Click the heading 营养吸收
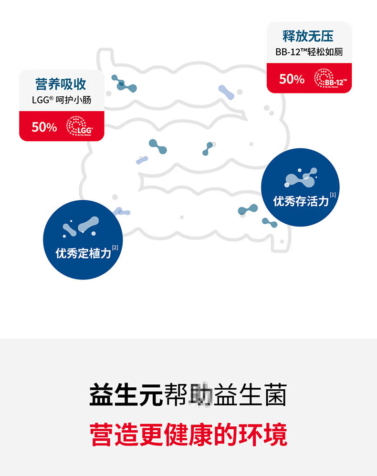coord(61,84)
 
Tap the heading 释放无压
coord(308,36)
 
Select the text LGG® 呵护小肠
coord(61,100)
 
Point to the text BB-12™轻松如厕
coord(309,52)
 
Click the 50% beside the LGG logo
coord(44,127)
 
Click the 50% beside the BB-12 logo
coord(292,79)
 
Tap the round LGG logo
coord(79,127)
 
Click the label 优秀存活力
coord(301,201)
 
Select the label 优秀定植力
coord(83,253)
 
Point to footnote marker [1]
coord(333,195)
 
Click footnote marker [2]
coord(115,247)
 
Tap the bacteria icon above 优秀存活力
coord(301,178)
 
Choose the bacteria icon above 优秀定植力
coord(81,227)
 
